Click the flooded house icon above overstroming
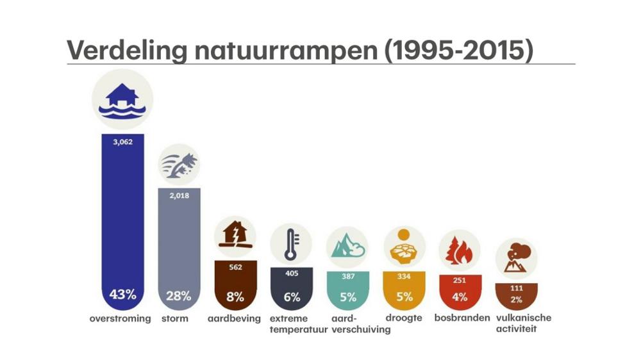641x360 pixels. click(x=122, y=100)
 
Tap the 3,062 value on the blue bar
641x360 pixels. click(x=123, y=142)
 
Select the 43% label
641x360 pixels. click(x=122, y=294)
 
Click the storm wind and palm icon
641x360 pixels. click(x=179, y=165)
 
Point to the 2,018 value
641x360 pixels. click(x=179, y=196)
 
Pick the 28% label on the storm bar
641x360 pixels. click(x=179, y=296)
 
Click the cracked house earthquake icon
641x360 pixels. click(x=235, y=237)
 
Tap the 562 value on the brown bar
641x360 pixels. click(x=235, y=267)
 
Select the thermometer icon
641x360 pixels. click(x=291, y=244)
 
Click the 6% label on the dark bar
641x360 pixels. click(x=292, y=297)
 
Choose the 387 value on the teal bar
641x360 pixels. click(x=348, y=277)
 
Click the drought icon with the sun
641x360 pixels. click(x=404, y=247)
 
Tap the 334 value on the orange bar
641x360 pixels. click(x=404, y=277)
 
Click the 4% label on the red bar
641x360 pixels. click(x=460, y=297)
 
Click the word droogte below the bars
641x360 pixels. click(x=404, y=318)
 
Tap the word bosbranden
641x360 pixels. click(x=462, y=318)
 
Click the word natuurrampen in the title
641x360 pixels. click(x=286, y=51)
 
